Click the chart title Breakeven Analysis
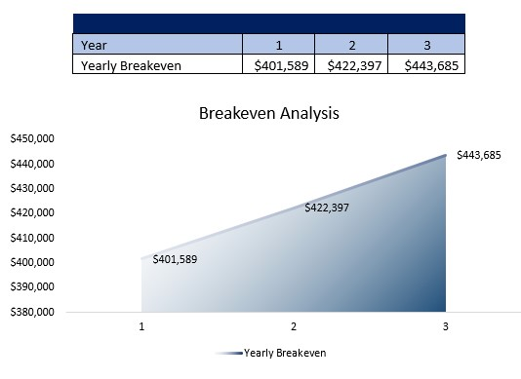tap(268, 113)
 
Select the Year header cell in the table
tap(157, 45)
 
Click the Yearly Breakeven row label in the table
tap(157, 65)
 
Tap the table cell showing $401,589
tap(278, 65)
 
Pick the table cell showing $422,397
tap(351, 65)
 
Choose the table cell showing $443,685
tap(426, 65)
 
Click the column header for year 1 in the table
tap(278, 45)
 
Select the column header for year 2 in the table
tap(351, 45)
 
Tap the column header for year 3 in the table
tap(426, 45)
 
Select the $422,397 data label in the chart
tap(327, 208)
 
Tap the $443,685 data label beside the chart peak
tap(479, 155)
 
